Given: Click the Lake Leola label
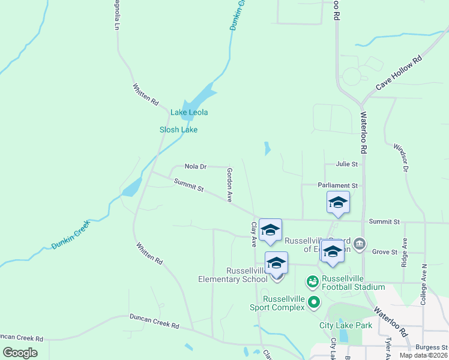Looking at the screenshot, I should point(189,112).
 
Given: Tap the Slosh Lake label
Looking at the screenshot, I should point(178,130).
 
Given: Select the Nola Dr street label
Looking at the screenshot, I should point(196,166).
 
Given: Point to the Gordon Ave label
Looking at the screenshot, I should point(229,184).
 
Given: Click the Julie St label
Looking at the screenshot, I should point(347,164).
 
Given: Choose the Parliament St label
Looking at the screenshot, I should point(338,186).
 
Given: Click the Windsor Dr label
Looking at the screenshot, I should point(401,158).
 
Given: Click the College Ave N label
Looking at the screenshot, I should point(424,284).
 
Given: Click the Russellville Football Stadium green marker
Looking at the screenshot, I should point(312,281).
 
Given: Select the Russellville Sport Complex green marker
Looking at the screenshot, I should point(313,303).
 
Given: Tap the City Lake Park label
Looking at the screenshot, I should point(345,325).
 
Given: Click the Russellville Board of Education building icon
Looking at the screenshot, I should point(360,244).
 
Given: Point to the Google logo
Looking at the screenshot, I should point(20,352).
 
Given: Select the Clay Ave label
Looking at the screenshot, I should point(253,234).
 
